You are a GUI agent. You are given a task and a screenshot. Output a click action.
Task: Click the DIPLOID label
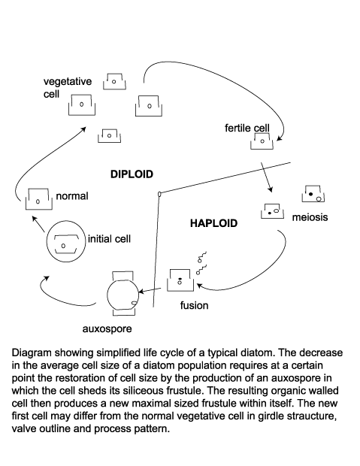[132, 174]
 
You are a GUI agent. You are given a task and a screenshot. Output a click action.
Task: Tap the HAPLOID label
[213, 223]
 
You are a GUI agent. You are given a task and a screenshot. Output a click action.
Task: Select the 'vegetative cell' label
[68, 88]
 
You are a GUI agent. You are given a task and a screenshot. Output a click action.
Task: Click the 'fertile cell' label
[247, 129]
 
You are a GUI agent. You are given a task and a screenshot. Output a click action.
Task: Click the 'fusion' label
[194, 305]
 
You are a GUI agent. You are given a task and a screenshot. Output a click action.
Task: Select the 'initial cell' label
[110, 239]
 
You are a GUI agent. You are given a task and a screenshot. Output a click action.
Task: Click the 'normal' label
[72, 196]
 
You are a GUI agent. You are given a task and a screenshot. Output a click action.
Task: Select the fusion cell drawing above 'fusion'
[180, 279]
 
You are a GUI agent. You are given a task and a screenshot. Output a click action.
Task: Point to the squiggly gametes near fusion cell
[201, 260]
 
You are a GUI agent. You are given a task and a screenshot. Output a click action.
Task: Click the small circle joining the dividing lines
[159, 194]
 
